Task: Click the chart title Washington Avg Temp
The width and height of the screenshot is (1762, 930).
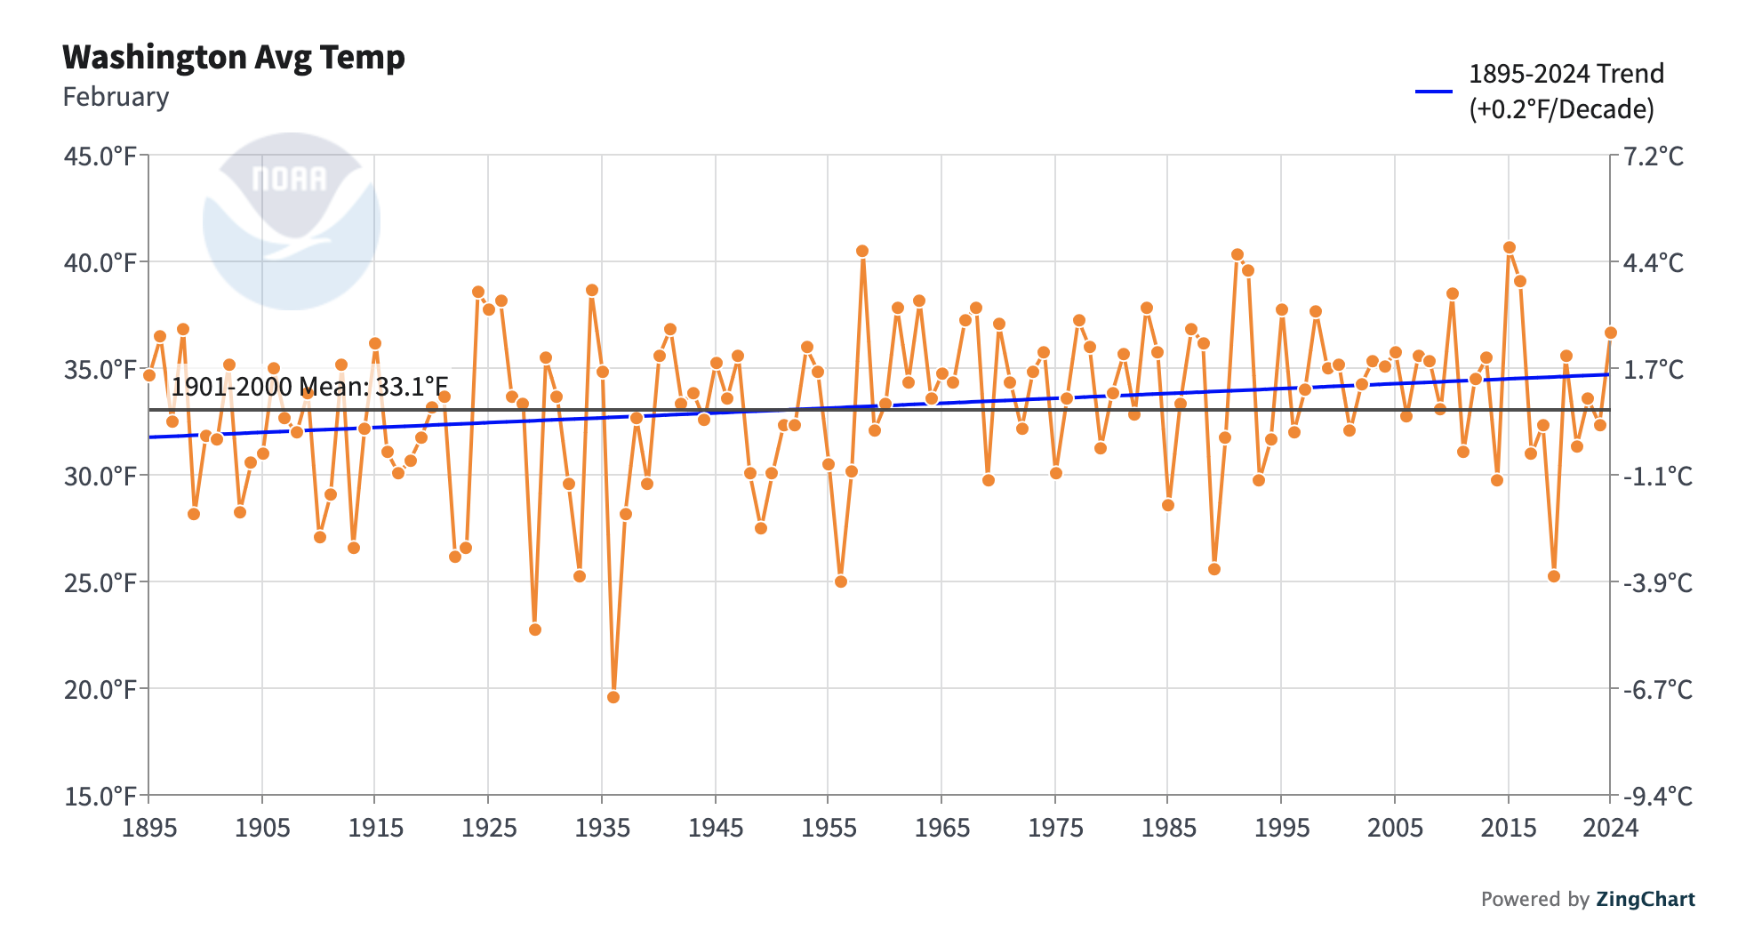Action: [233, 58]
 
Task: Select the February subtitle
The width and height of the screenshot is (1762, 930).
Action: [116, 97]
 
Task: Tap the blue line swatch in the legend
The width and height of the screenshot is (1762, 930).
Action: [1433, 92]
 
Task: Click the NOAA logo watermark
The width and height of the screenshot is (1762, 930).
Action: [291, 221]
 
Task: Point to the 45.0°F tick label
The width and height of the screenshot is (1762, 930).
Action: [100, 157]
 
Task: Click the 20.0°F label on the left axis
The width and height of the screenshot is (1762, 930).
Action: [100, 690]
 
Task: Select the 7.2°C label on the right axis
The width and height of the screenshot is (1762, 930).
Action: [1653, 157]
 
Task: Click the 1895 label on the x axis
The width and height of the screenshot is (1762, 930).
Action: [148, 829]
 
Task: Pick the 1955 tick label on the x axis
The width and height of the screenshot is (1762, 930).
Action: [829, 829]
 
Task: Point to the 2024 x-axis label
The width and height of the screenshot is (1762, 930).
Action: [1610, 829]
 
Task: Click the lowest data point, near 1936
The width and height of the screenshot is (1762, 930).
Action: [613, 697]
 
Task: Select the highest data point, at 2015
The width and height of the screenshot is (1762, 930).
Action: [1510, 247]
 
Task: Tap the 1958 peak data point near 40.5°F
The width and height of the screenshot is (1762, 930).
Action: [862, 251]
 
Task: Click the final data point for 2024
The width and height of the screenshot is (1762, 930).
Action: [1610, 333]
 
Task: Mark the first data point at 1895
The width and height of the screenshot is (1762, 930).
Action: [149, 375]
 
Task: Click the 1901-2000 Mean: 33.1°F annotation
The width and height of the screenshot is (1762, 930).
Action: [309, 387]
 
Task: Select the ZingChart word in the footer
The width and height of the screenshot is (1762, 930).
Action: [1645, 899]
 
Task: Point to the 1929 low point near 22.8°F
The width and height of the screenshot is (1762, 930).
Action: [535, 629]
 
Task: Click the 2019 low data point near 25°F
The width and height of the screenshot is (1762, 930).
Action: [1554, 576]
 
